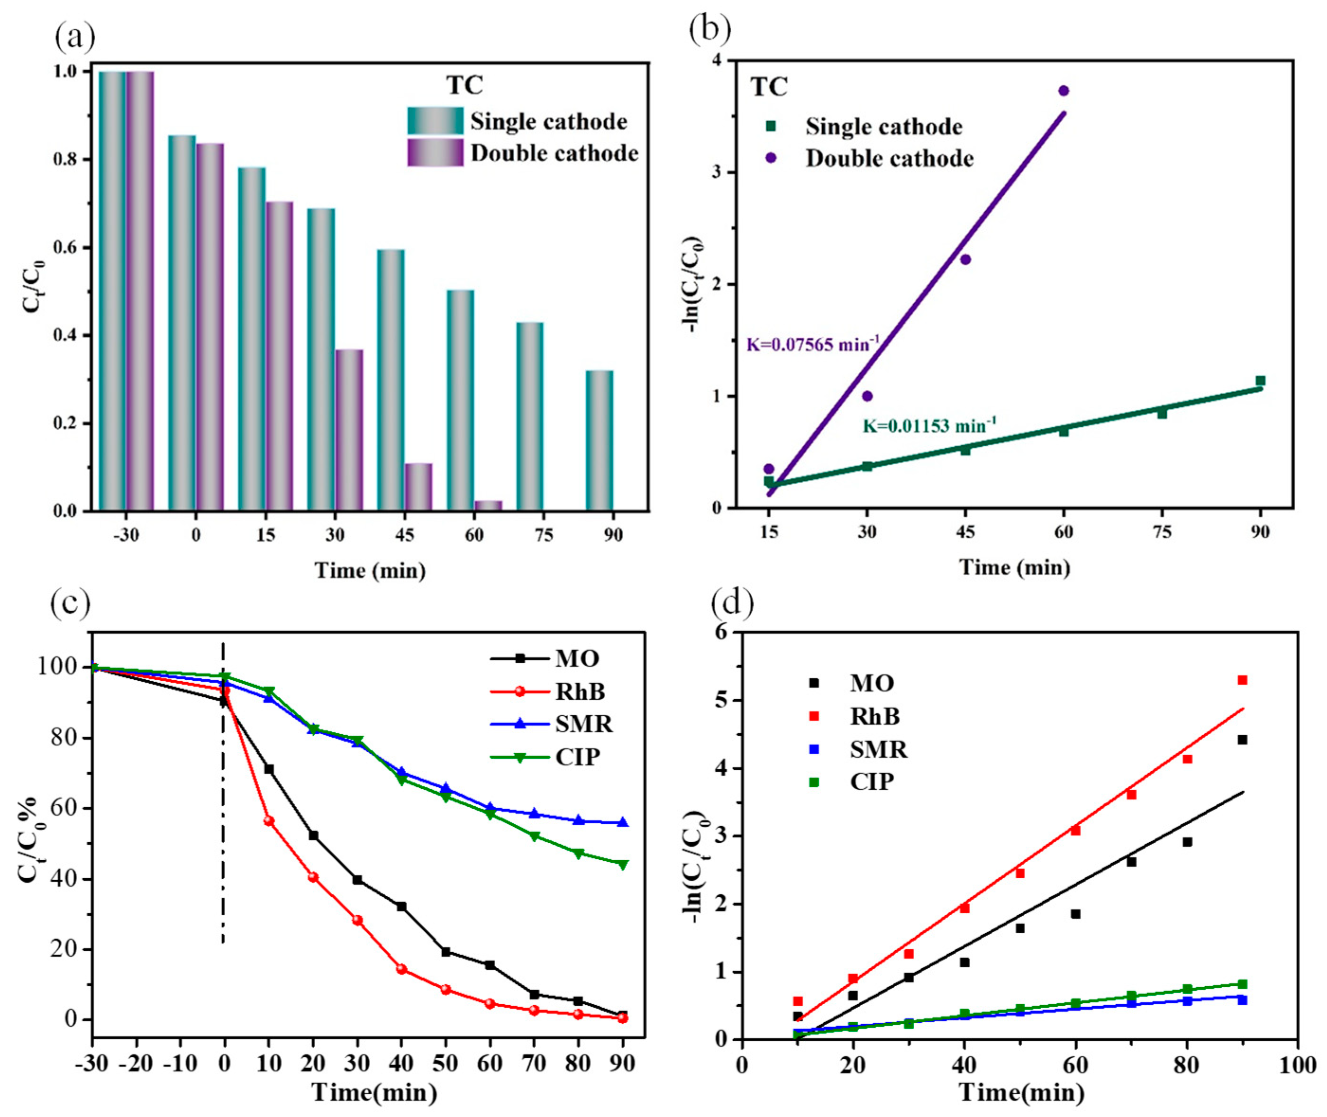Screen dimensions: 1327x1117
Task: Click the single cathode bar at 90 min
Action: (599, 440)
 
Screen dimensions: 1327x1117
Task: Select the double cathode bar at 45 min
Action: (418, 486)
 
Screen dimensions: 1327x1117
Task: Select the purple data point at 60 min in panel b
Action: (1063, 90)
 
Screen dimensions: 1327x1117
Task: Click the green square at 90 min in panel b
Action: (1260, 380)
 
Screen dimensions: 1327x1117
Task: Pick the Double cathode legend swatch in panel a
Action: (435, 153)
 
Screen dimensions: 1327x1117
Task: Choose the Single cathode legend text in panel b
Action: (883, 126)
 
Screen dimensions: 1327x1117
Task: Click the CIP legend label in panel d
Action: (872, 782)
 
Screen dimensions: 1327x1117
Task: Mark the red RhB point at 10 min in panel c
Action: (269, 820)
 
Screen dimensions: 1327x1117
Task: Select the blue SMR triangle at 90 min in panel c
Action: (623, 822)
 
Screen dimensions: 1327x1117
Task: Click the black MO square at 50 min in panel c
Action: (445, 952)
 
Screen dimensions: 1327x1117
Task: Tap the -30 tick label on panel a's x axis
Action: (126, 535)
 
